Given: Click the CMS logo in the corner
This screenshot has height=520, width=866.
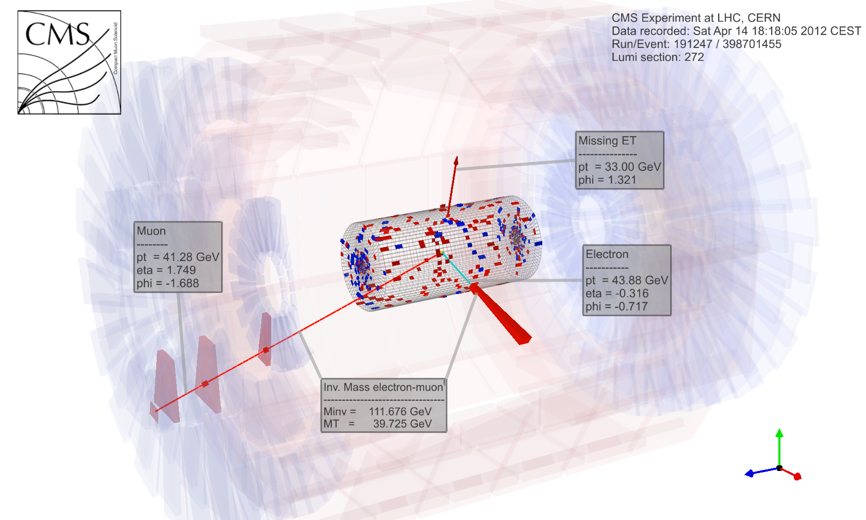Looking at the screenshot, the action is [x=69, y=62].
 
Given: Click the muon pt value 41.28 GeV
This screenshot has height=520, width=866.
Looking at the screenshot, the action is [x=191, y=257].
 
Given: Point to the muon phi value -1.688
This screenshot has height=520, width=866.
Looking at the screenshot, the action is [x=184, y=283].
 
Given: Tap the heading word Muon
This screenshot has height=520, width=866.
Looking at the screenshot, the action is [x=151, y=231].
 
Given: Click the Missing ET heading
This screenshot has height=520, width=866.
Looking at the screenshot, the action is [x=607, y=140].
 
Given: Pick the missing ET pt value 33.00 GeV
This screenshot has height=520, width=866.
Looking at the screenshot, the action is [x=633, y=167].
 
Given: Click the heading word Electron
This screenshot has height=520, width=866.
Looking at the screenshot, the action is [x=607, y=254].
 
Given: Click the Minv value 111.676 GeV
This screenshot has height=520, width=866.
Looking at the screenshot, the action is [x=400, y=411].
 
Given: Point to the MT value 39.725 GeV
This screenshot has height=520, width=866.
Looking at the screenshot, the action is [x=403, y=424].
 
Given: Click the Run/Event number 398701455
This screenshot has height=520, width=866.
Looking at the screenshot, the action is [x=752, y=44].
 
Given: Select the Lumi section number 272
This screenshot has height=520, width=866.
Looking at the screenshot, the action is [x=694, y=57].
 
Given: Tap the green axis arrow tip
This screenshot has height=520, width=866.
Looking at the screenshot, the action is [x=779, y=429].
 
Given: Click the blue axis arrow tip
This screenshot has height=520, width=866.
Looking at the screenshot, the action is [x=745, y=474].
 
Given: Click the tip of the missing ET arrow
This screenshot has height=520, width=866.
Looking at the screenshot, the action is [x=457, y=157].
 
